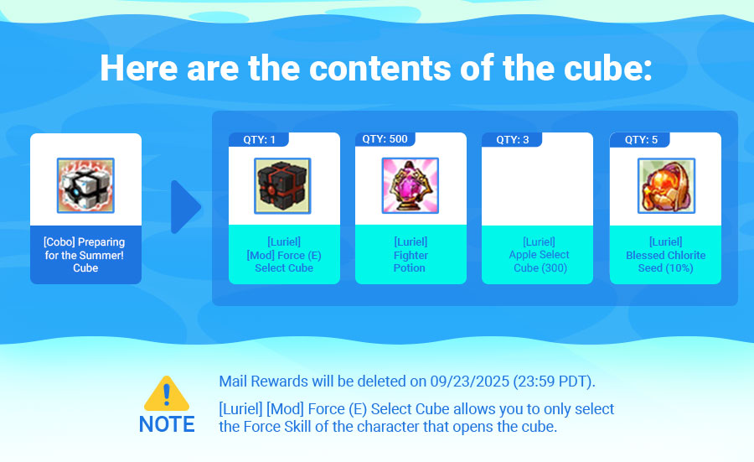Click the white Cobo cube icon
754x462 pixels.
click(85, 185)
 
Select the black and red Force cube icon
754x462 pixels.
click(282, 186)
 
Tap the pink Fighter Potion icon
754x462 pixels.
click(411, 185)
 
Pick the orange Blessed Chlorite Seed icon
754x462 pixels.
click(666, 186)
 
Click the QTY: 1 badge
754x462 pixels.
click(259, 139)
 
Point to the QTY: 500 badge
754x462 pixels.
click(385, 139)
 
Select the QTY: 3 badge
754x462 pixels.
click(512, 139)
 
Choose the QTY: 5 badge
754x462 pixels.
click(641, 139)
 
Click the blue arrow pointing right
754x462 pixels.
click(186, 207)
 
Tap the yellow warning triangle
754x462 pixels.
click(167, 393)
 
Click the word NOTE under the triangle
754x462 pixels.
click(167, 424)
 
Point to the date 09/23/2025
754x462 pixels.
click(469, 382)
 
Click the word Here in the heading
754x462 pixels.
click(139, 68)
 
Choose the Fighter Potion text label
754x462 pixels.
click(411, 262)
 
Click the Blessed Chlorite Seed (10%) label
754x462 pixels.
click(665, 262)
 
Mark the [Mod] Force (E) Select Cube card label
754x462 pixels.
click(284, 255)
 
